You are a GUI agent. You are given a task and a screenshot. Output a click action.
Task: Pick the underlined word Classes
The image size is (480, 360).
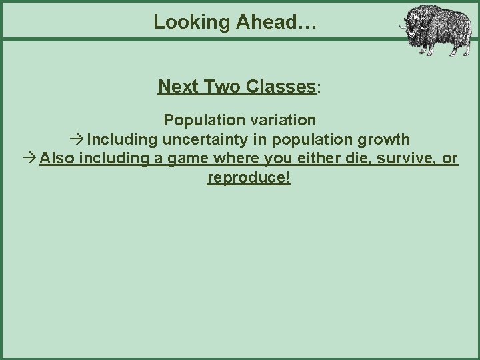[280, 87]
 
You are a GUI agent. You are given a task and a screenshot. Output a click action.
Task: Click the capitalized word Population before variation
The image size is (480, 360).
[203, 120]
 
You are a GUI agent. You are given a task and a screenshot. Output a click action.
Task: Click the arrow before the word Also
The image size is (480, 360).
[28, 159]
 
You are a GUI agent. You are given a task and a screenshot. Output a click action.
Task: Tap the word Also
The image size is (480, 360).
[57, 159]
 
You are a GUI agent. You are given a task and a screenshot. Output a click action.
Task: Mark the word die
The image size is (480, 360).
[339, 159]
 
